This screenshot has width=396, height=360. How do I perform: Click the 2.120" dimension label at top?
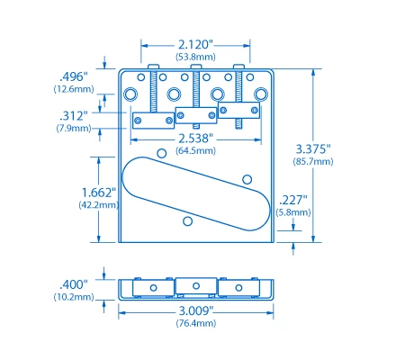pyautogui.click(x=194, y=44)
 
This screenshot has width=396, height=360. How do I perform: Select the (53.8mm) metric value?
pyautogui.click(x=194, y=57)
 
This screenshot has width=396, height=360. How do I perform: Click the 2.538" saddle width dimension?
pyautogui.click(x=194, y=139)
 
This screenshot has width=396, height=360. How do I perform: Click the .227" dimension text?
pyautogui.click(x=293, y=200)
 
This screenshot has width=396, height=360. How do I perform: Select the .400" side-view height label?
pyautogui.click(x=73, y=283)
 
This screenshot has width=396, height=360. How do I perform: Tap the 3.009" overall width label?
pyautogui.click(x=194, y=310)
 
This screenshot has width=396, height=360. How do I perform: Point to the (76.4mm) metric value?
pyautogui.click(x=194, y=323)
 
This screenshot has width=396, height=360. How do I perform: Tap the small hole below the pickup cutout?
pyautogui.click(x=187, y=220)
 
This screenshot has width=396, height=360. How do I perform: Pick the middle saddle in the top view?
pyautogui.click(x=195, y=114)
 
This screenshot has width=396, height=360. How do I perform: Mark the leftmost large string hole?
pyautogui.click(x=132, y=94)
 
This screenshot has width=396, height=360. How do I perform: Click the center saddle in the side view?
pyautogui.click(x=195, y=287)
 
